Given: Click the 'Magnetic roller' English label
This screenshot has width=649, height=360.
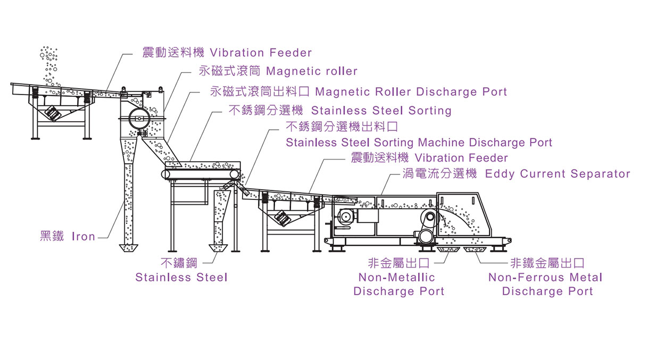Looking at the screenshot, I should [311, 71].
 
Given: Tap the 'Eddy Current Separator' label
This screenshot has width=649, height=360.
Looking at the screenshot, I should [558, 174].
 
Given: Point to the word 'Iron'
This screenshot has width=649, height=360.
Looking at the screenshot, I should [84, 237].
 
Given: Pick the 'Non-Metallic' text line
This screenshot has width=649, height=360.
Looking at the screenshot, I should [396, 278].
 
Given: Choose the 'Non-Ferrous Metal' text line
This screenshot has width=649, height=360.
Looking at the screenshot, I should [545, 278].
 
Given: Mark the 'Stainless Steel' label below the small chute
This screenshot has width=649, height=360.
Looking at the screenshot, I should [181, 278].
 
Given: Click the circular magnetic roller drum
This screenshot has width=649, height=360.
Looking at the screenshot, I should [139, 118].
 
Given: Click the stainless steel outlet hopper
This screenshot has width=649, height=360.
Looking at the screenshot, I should [219, 248].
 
